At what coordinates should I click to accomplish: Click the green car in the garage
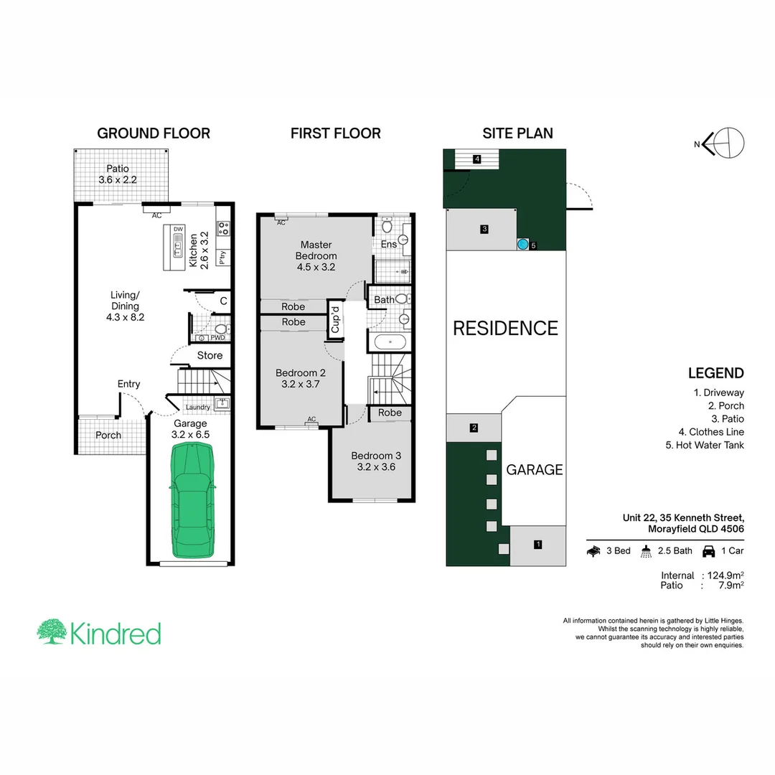193,500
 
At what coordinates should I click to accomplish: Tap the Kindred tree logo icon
52,631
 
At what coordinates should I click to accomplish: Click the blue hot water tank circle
523,244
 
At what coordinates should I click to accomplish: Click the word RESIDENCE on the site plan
505,329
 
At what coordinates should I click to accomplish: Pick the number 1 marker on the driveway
537,545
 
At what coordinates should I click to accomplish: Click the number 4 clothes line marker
476,159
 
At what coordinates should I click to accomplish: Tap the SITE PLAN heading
517,133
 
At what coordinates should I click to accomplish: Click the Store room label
210,355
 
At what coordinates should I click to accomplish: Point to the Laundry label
197,408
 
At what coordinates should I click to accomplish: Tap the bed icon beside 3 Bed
594,551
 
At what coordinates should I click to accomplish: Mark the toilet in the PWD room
220,329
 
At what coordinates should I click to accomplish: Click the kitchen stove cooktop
223,227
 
